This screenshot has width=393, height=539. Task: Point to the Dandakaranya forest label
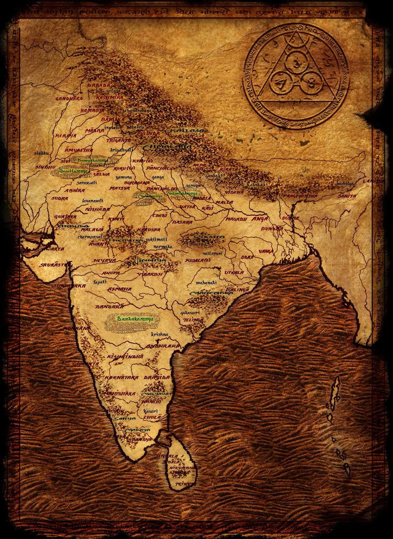click(x=131, y=319)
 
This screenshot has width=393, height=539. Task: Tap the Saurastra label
click(x=55, y=264)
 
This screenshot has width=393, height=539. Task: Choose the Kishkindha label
click(x=125, y=356)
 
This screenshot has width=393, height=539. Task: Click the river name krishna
click(x=159, y=334)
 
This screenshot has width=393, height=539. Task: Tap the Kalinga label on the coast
click(x=239, y=289)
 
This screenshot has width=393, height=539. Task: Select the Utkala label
click(x=234, y=272)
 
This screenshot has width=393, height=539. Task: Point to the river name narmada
click(x=163, y=248)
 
